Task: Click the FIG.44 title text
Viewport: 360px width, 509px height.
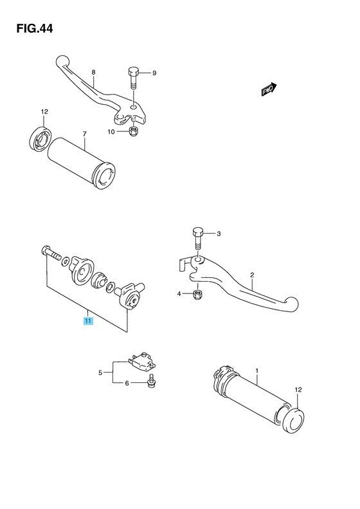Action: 31,29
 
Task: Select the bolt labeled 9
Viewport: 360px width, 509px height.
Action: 133,78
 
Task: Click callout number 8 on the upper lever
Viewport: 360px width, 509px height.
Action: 93,72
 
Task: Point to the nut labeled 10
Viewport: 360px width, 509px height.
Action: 134,133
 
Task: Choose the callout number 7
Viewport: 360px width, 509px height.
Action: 84,134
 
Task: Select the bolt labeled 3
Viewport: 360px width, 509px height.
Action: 197,237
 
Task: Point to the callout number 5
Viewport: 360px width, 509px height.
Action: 100,373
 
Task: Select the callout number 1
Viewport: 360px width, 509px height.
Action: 256,371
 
